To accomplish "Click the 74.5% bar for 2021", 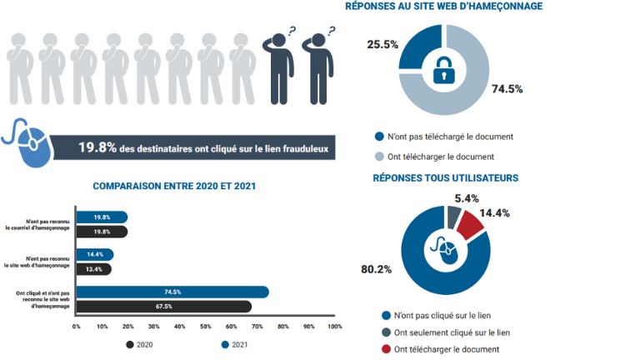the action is (x=172, y=292).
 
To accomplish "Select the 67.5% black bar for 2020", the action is (x=164, y=307).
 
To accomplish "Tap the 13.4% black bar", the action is (x=94, y=269).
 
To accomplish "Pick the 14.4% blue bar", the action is (x=95, y=255).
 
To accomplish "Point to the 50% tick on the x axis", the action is (x=205, y=327).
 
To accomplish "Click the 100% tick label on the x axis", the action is (x=335, y=327).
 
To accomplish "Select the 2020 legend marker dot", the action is (x=130, y=345).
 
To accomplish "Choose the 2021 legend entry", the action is (x=235, y=345).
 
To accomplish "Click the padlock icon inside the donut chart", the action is (x=443, y=70).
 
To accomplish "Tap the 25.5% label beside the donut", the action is (x=382, y=44).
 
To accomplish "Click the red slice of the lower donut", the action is (x=471, y=224).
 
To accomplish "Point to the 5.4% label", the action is (x=467, y=199).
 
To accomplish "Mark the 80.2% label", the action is (x=377, y=269).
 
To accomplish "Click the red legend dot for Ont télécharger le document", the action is (x=386, y=349).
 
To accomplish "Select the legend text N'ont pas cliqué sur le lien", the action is (x=442, y=316).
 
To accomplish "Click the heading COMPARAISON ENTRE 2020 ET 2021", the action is (x=174, y=186).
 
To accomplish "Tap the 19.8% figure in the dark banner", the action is (x=97, y=147).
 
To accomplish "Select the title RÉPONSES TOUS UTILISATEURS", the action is (x=446, y=178).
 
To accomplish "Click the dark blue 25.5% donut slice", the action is (x=419, y=45).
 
